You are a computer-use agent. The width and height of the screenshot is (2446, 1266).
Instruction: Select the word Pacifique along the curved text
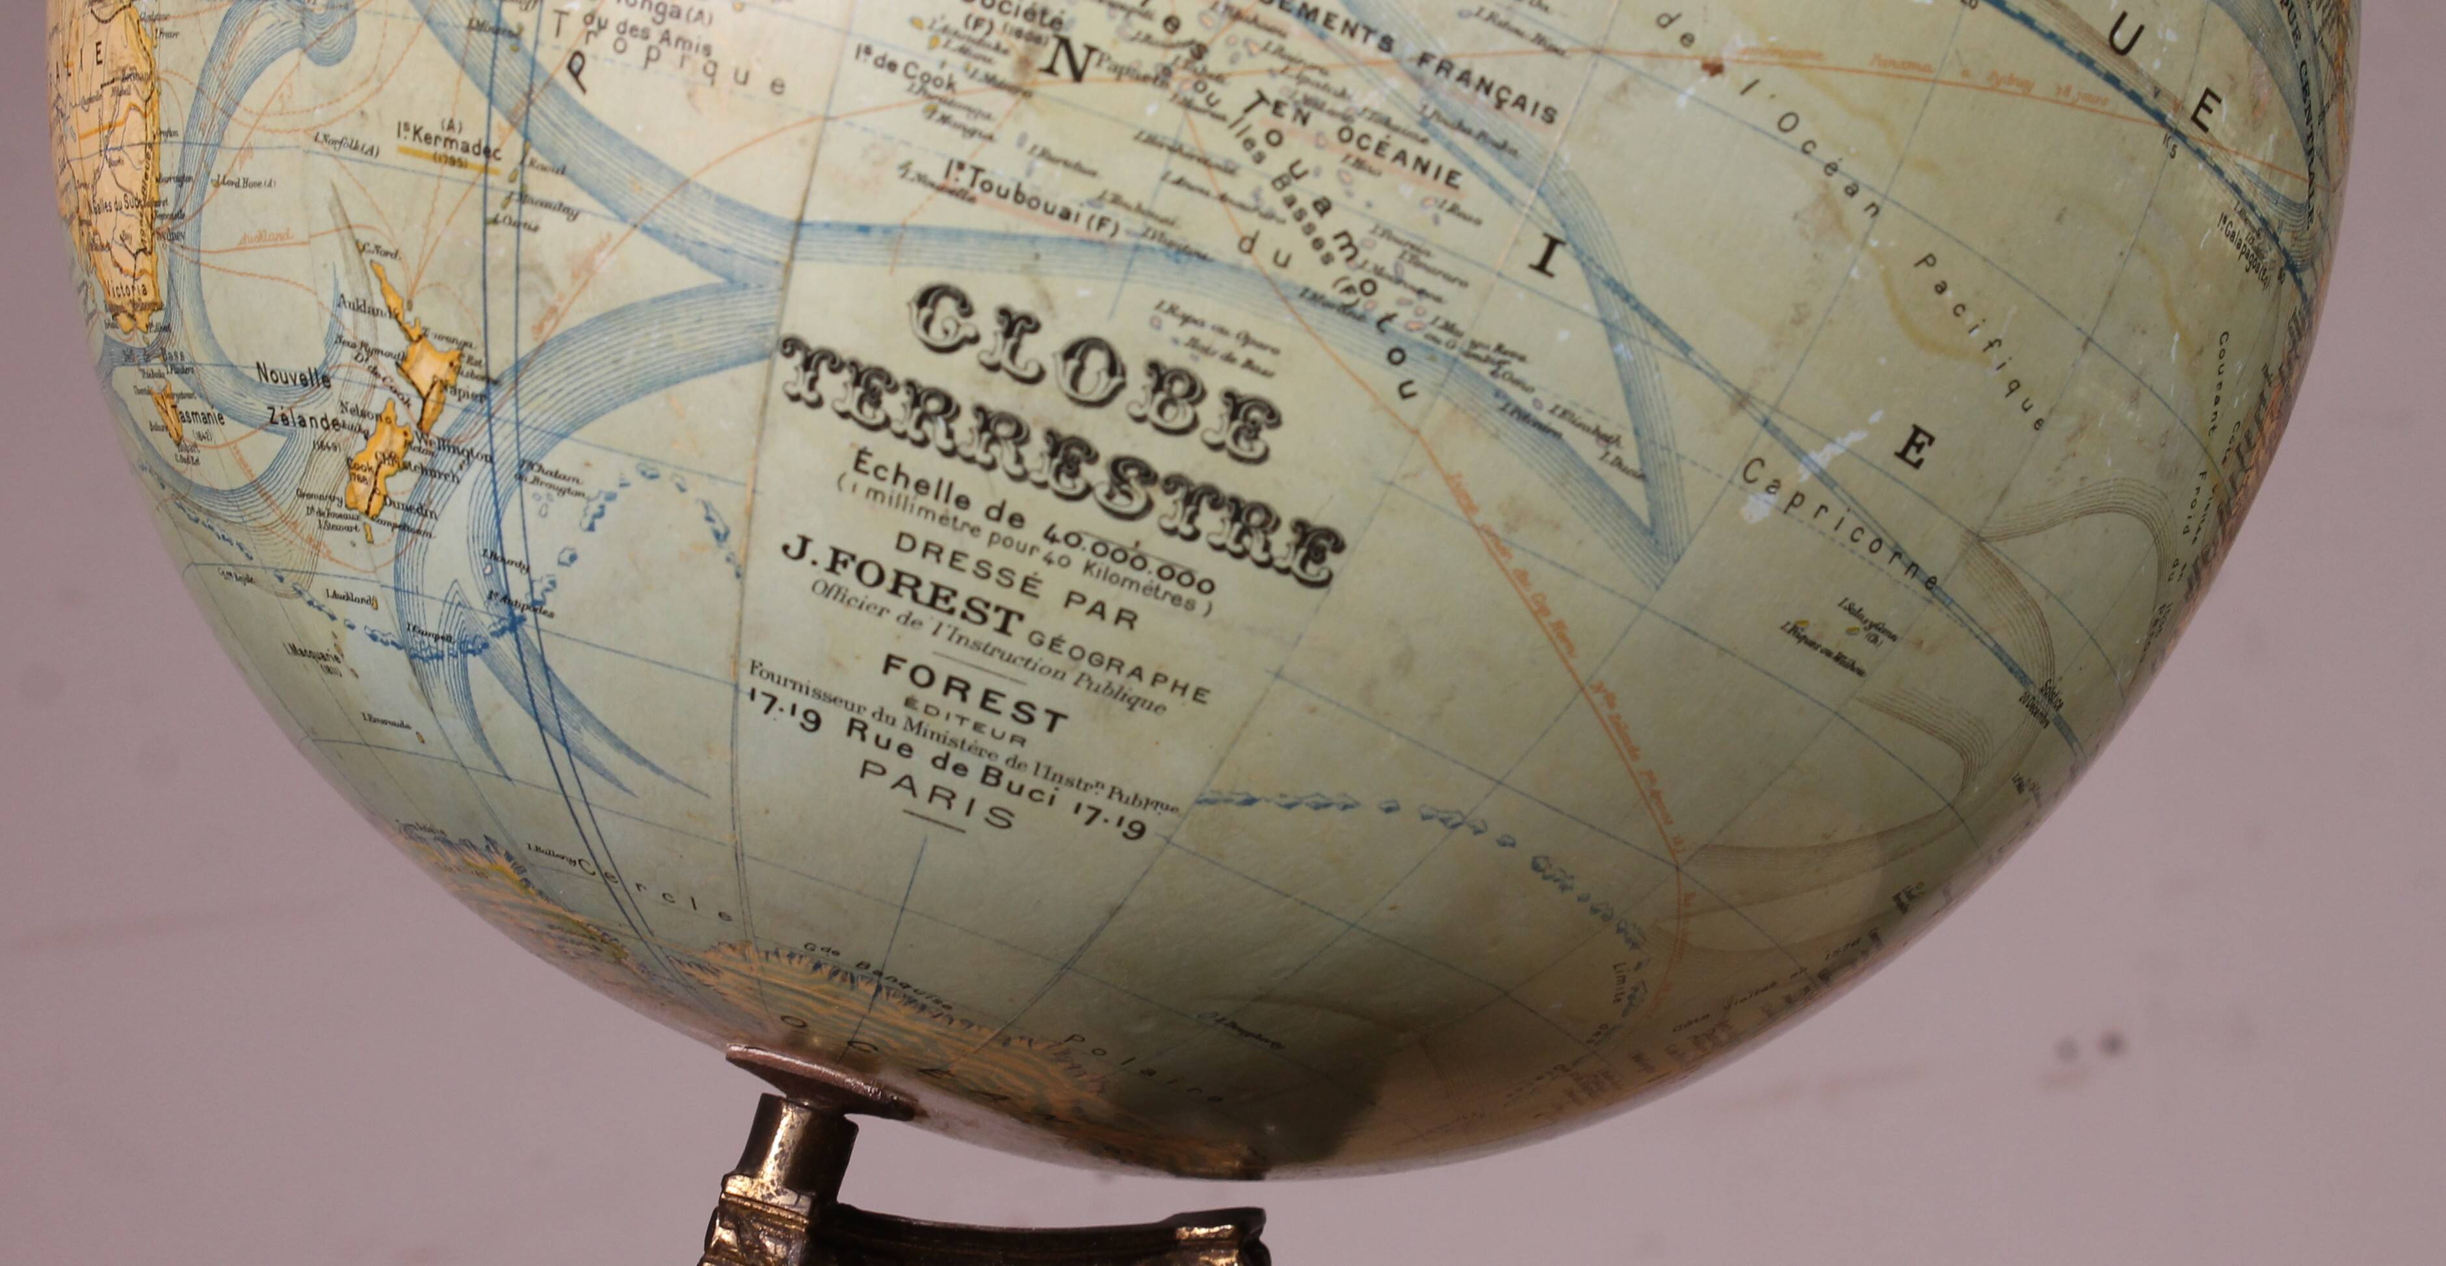point(1984,342)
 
